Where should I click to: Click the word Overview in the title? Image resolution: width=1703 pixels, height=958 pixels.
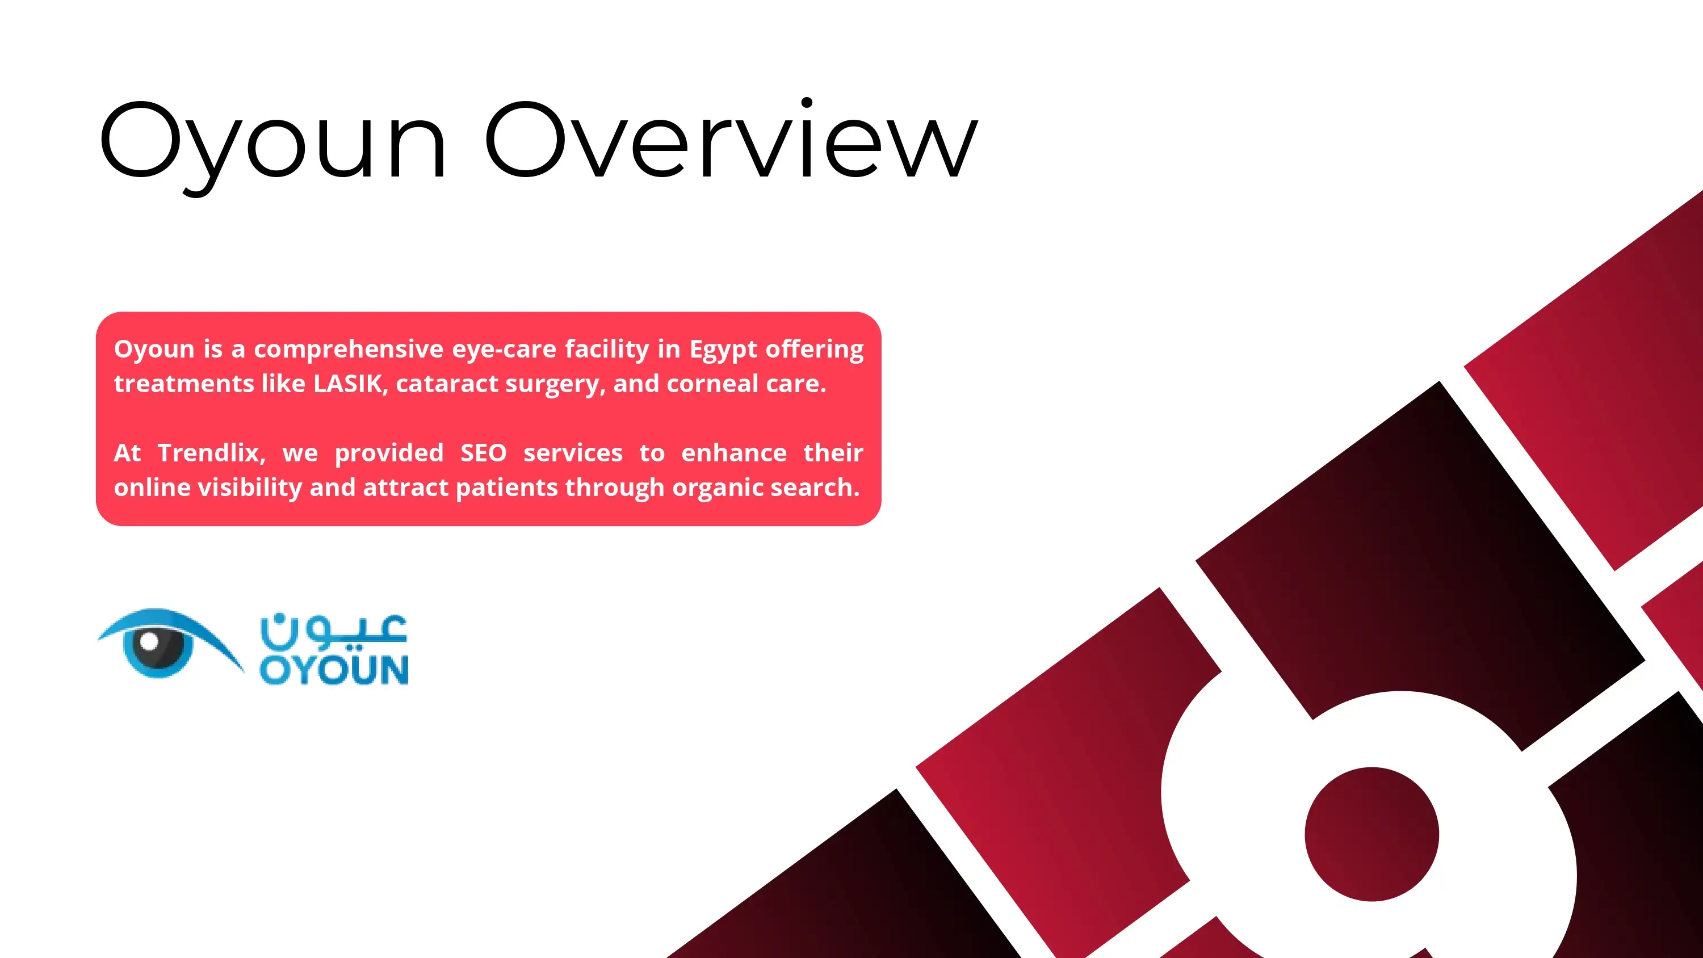[x=731, y=140]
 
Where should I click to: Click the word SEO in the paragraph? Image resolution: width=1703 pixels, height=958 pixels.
[x=483, y=453]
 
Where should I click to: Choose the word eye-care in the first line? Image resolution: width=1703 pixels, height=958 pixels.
[x=504, y=349]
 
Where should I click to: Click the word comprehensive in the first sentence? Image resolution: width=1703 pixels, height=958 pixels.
[x=349, y=349]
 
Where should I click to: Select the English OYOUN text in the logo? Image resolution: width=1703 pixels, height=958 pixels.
[x=334, y=670]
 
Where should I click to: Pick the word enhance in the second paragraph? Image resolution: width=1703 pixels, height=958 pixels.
[x=734, y=453]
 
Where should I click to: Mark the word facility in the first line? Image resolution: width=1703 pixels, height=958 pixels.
[x=607, y=349]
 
